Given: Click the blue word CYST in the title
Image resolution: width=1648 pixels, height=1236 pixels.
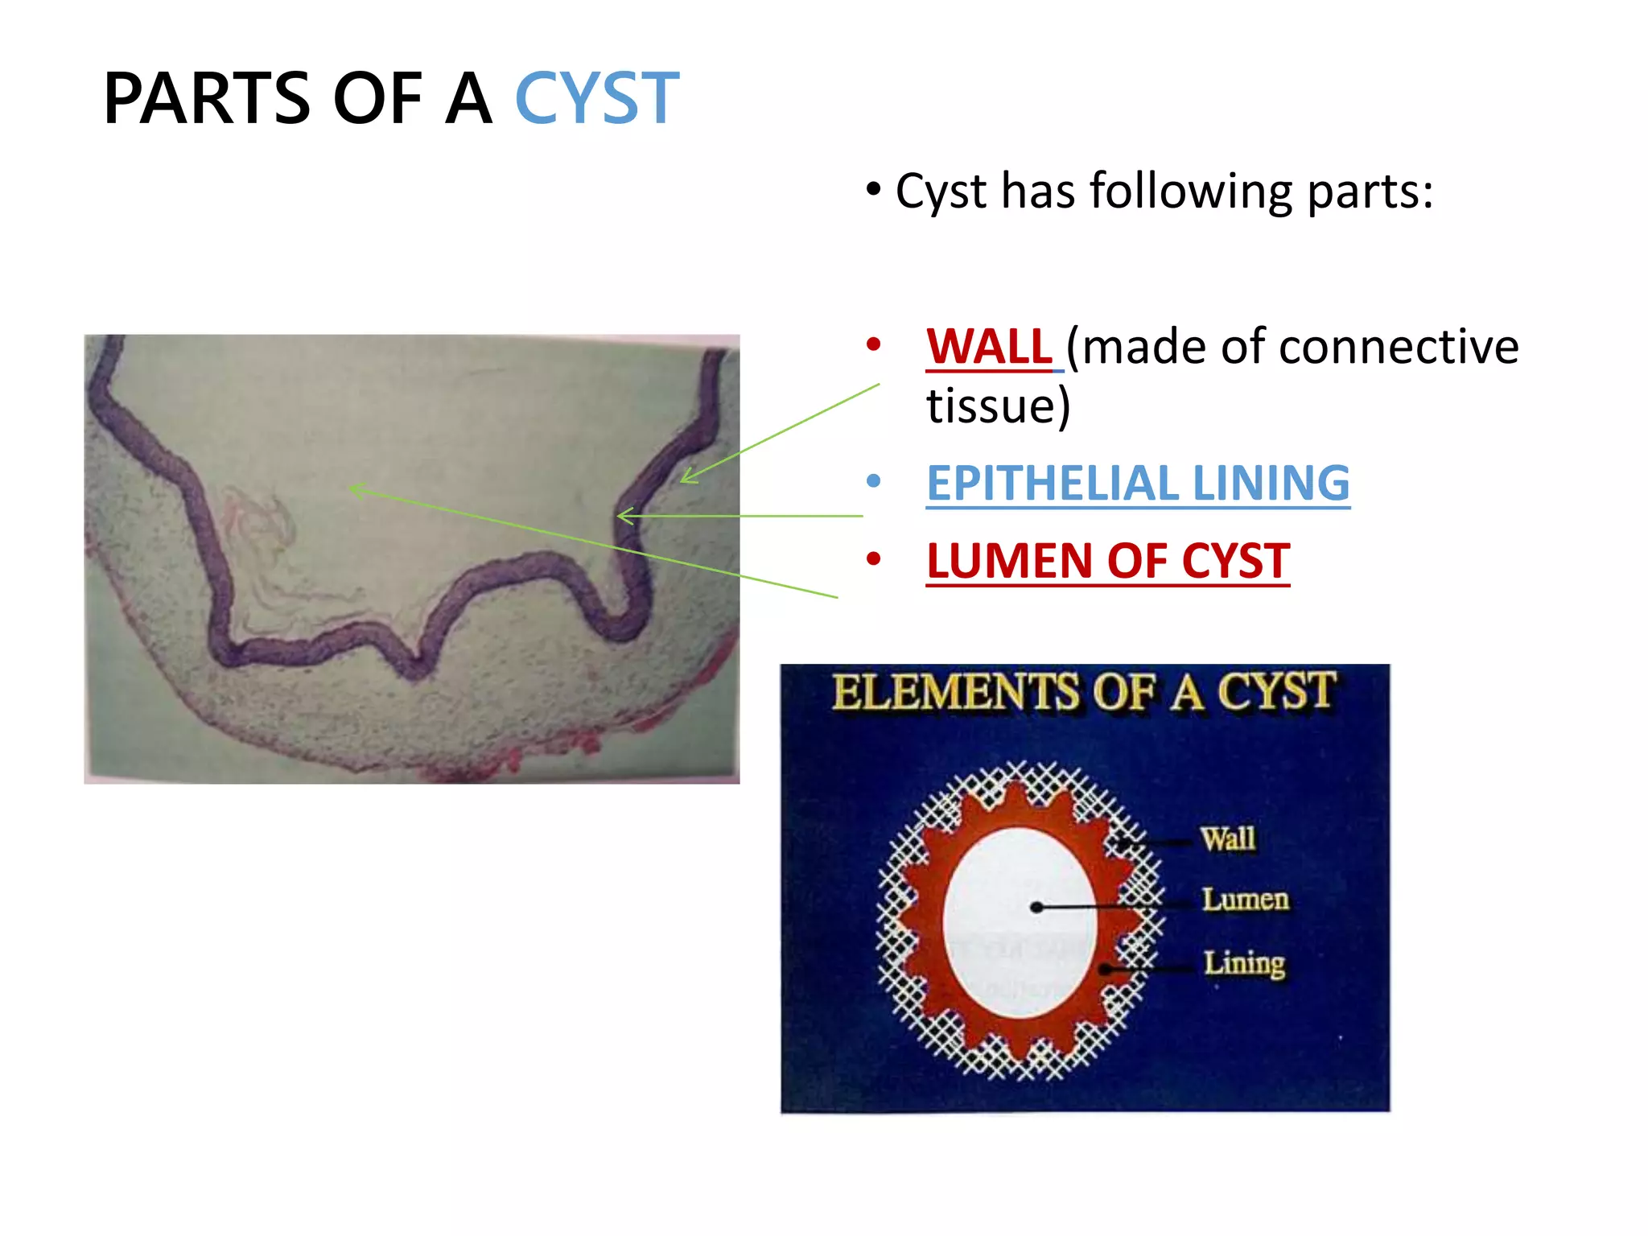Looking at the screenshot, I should click(x=596, y=98).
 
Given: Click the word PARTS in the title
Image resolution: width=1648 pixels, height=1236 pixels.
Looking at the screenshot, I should click(x=207, y=98).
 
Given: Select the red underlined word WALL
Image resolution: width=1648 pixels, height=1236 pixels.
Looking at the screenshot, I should click(x=989, y=347).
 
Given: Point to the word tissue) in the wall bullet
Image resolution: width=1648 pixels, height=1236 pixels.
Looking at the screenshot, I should click(x=998, y=406).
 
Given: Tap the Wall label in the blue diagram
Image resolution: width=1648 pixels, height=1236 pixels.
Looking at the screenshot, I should click(x=1228, y=838).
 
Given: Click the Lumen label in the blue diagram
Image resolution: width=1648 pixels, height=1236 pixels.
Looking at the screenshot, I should click(x=1245, y=899).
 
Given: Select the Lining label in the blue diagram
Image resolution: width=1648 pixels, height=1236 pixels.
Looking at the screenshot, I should click(x=1244, y=962).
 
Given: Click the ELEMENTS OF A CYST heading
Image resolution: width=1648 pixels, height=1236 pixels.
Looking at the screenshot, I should click(x=1084, y=692).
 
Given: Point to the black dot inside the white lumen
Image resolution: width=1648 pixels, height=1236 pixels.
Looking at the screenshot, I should click(x=1036, y=908).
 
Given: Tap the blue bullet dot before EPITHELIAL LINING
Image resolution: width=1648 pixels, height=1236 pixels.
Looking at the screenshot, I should click(x=874, y=482).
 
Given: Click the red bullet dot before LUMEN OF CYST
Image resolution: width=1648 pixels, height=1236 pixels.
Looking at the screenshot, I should click(x=874, y=558).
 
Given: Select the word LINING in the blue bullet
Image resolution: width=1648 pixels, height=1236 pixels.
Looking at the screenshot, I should click(x=1271, y=483).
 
